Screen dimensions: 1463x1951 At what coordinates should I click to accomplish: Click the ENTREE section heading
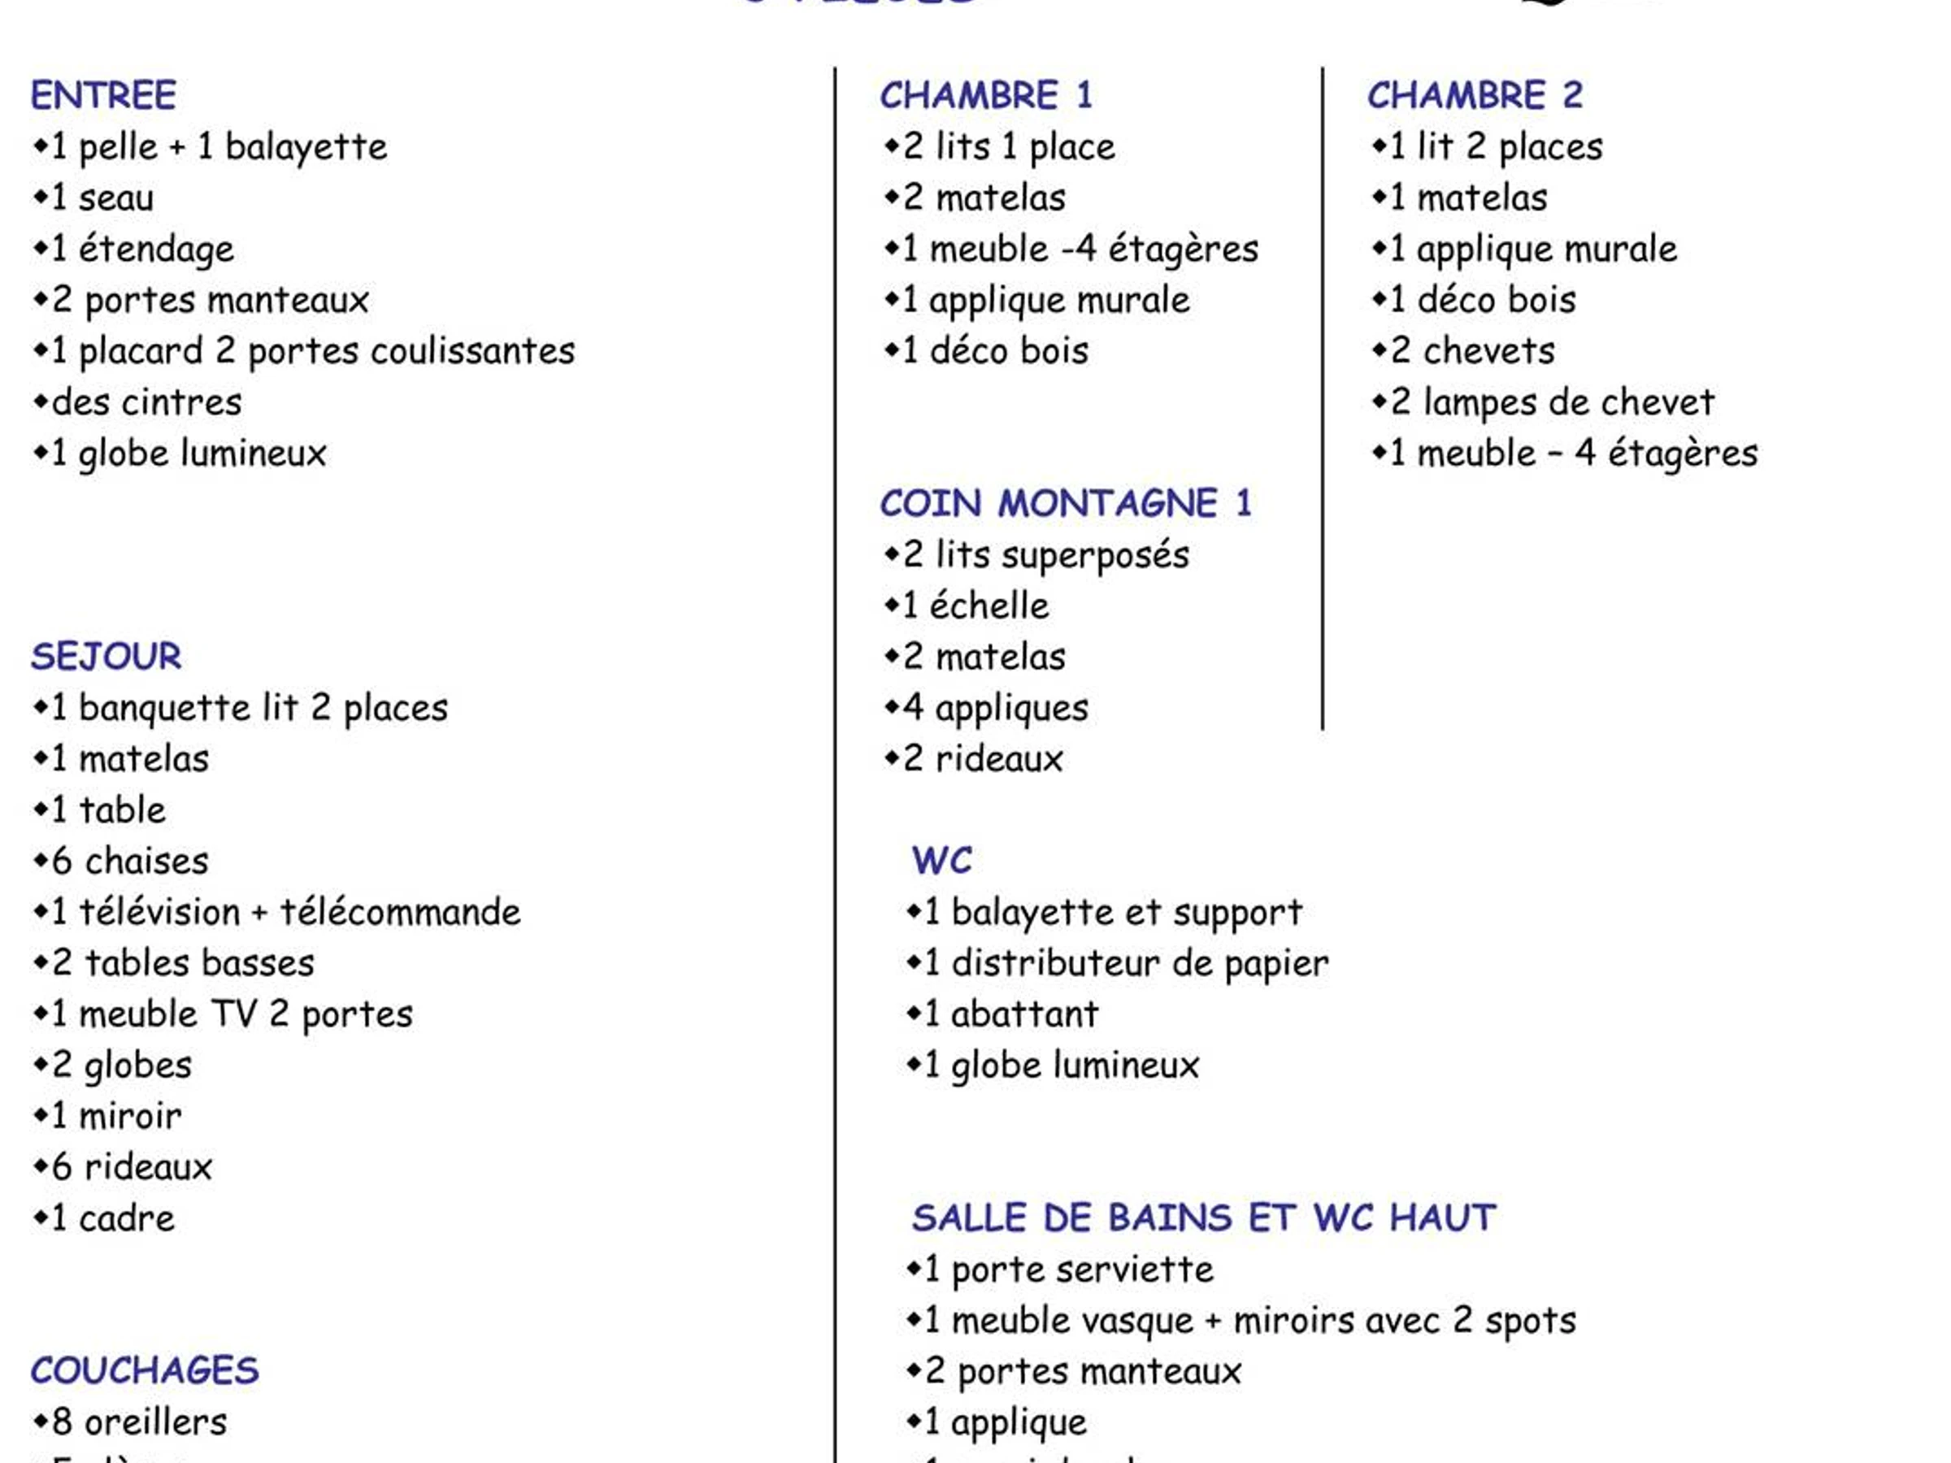[x=103, y=95]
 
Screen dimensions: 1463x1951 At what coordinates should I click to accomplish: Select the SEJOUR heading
[x=106, y=656]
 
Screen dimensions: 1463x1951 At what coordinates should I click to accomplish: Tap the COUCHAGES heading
[x=145, y=1370]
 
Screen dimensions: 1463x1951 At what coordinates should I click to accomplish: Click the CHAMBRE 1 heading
[x=986, y=95]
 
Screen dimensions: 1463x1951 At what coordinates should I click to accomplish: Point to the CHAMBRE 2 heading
[x=1475, y=95]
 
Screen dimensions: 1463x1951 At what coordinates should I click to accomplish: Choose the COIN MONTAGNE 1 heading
[x=1066, y=504]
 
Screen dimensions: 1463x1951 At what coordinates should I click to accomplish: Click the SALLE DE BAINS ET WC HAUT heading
[x=1204, y=1218]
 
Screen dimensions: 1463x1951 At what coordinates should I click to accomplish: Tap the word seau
[x=116, y=198]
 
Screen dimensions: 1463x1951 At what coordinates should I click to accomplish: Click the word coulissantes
[x=473, y=352]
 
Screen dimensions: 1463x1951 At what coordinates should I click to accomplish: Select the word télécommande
[x=401, y=913]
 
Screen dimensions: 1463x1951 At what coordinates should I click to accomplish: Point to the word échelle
[x=989, y=606]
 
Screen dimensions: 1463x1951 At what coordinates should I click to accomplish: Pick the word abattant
[x=1025, y=1015]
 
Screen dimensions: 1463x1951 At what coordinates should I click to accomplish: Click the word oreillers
[x=155, y=1422]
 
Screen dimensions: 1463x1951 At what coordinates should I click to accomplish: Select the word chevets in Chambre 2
[x=1488, y=352]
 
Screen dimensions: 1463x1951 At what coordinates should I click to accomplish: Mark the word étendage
[x=156, y=250]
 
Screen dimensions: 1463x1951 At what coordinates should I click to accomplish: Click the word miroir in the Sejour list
[x=129, y=1117]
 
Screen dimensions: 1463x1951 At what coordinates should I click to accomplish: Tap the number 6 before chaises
[x=62, y=862]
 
